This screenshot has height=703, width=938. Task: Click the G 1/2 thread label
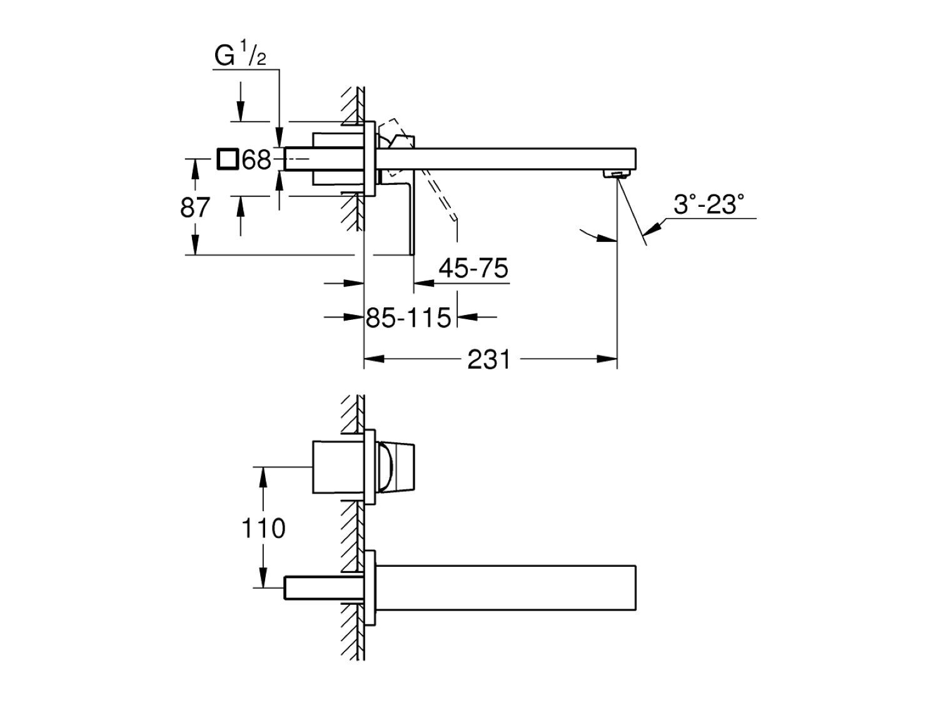[x=240, y=56]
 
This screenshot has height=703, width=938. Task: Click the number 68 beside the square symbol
[x=257, y=160]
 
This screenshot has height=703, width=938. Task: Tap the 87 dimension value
[x=194, y=207]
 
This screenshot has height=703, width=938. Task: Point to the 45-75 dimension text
[x=473, y=269]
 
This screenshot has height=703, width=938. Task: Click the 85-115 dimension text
[x=408, y=318]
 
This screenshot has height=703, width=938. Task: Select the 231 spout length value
[x=488, y=360]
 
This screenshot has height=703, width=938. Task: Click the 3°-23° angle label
[x=709, y=204]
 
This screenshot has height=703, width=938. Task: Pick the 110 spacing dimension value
[x=263, y=529]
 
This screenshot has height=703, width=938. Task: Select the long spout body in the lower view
[x=507, y=587]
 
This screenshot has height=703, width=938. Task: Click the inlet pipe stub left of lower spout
[x=324, y=587]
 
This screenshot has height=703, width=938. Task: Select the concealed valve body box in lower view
[x=337, y=466]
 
